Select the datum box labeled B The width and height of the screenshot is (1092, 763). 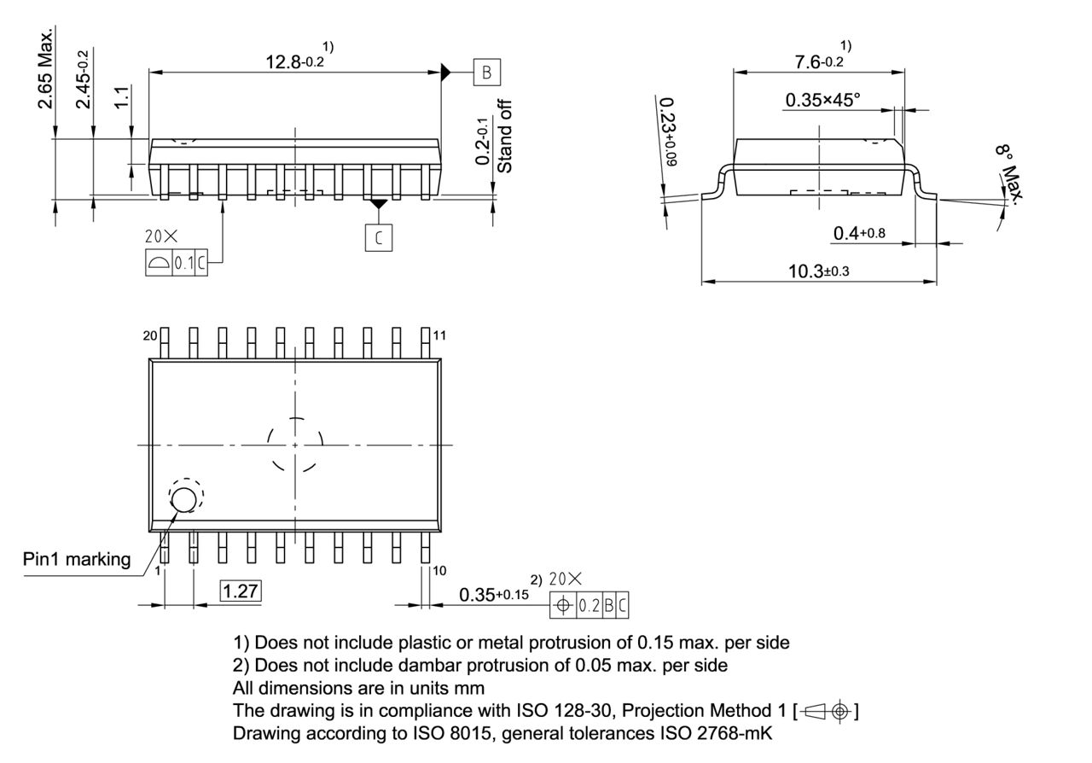[487, 73]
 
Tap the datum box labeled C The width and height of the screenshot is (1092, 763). [379, 238]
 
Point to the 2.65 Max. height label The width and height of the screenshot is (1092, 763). [46, 68]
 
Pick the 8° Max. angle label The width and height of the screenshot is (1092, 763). [1012, 174]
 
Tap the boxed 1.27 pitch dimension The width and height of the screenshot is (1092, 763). [241, 591]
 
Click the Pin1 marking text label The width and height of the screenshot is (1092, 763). [77, 560]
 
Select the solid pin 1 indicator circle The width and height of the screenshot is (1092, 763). [183, 499]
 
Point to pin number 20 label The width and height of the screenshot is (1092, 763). [150, 336]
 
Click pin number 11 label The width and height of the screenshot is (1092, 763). [439, 336]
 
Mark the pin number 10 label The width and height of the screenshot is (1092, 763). [439, 570]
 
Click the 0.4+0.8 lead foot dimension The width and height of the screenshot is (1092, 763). [858, 234]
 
